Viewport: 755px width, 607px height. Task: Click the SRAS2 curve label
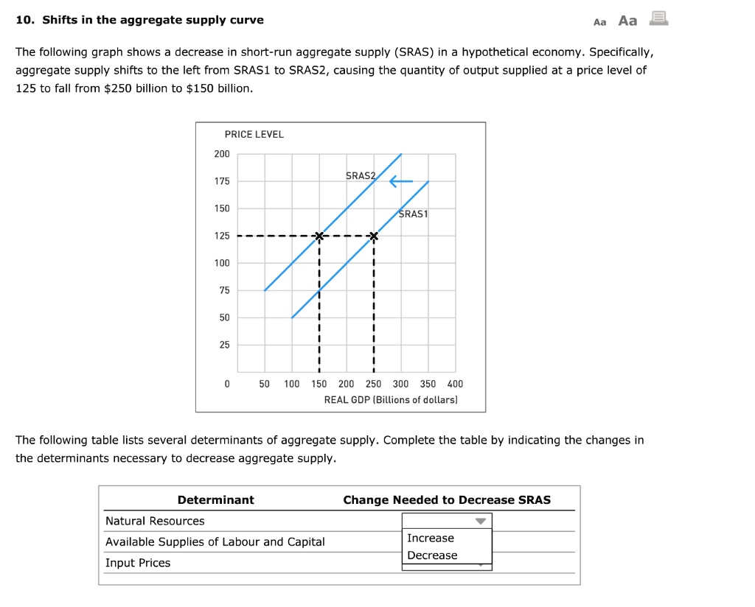360,176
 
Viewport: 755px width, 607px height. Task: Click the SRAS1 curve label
413,214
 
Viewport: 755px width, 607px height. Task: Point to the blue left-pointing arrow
401,181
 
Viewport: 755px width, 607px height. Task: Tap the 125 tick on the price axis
222,236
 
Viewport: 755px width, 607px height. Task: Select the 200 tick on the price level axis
222,154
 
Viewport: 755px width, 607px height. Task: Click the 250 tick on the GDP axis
373,384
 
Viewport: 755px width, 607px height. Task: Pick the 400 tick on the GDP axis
455,384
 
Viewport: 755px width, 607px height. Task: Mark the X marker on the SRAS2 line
319,236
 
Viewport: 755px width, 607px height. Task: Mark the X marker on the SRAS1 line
374,236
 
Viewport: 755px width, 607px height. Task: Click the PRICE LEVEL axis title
254,134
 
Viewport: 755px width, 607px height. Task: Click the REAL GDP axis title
391,399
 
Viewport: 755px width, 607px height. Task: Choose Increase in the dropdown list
431,538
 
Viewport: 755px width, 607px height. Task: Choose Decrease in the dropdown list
432,555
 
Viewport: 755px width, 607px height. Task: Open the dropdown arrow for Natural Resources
481,522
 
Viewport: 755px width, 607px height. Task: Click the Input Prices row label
138,563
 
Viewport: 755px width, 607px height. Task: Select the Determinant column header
215,500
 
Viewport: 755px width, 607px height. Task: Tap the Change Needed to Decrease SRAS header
447,500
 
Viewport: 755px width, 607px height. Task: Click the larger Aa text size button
627,21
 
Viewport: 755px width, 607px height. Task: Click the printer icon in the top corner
658,19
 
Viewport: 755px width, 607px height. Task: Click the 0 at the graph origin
227,384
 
